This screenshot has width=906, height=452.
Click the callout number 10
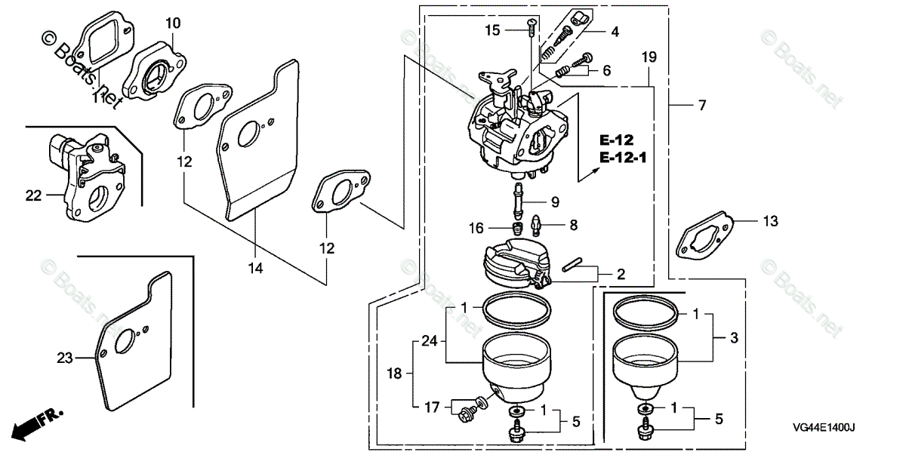click(173, 23)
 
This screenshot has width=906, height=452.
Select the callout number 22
click(32, 195)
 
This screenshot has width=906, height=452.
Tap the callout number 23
click(66, 358)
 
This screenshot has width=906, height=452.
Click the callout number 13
click(769, 221)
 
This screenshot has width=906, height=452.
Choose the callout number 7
click(702, 106)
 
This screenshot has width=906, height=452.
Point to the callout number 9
click(554, 201)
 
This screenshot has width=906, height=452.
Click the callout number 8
click(574, 224)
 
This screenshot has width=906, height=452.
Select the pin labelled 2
click(578, 264)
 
